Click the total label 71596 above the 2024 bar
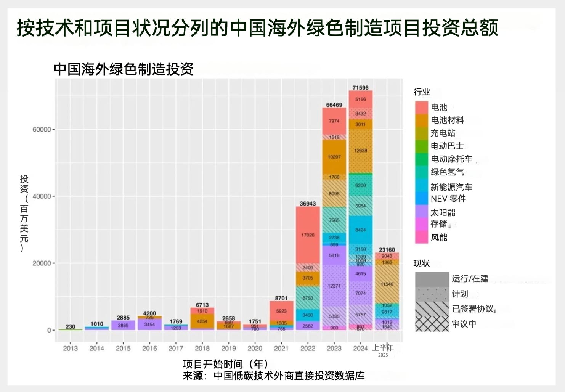coord(360,88)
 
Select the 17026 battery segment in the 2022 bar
coord(308,235)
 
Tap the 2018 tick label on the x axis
coord(202,348)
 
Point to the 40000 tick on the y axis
coord(42,196)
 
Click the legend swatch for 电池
coord(422,108)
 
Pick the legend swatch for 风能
coord(422,237)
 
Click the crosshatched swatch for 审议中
coord(432,324)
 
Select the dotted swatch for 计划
coord(432,294)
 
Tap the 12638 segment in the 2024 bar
coord(360,151)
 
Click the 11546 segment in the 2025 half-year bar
coord(387,284)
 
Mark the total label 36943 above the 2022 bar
coord(308,204)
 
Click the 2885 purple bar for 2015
coord(123,325)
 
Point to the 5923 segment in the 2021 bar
coord(281,311)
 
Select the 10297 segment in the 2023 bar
coord(334,157)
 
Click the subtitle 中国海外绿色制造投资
coord(124,69)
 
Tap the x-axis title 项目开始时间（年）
coord(225,364)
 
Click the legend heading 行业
coord(422,92)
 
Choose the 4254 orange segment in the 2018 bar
coord(202,321)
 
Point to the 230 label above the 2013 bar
coord(70,327)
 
